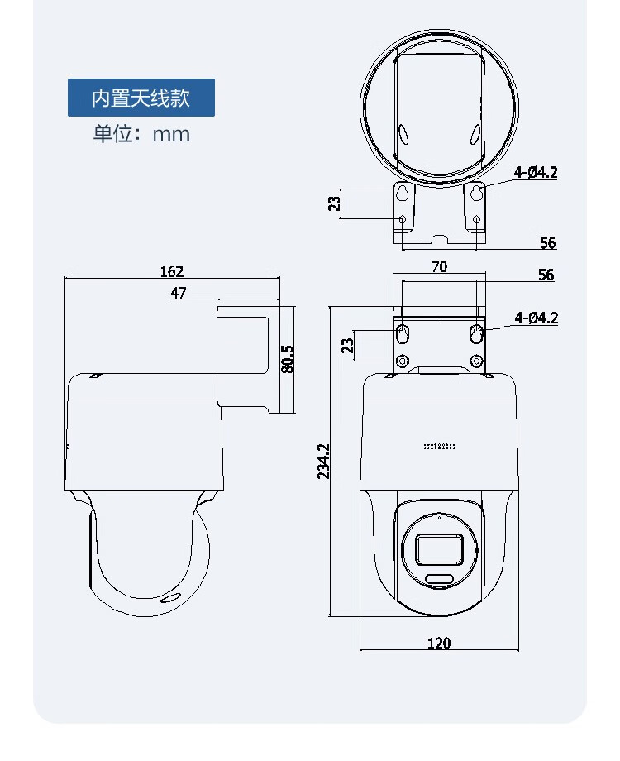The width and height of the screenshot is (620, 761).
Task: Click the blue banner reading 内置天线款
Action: [141, 98]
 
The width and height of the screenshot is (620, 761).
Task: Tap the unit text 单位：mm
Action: [141, 133]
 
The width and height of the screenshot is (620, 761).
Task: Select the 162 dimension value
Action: [172, 271]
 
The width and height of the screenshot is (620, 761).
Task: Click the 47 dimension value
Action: [178, 293]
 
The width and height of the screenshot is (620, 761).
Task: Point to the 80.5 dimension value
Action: [287, 359]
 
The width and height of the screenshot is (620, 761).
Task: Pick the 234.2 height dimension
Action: [323, 461]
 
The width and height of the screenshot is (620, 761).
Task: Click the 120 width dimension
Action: [439, 643]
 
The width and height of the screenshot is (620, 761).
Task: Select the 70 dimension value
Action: [439, 266]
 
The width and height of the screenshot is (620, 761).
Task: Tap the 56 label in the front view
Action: [546, 275]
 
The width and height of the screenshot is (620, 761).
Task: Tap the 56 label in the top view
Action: [548, 242]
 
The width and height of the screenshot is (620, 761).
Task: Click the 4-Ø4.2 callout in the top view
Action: [536, 172]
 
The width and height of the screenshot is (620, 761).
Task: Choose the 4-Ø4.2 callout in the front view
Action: [536, 318]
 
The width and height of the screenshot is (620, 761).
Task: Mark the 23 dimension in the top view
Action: [334, 203]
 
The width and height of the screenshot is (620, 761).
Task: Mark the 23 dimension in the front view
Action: [347, 346]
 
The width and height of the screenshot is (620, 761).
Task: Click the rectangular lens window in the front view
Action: [440, 549]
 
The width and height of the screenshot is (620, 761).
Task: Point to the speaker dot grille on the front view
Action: [439, 446]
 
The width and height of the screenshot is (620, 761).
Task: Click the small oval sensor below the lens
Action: [440, 578]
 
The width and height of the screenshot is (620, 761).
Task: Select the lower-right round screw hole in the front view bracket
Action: [477, 361]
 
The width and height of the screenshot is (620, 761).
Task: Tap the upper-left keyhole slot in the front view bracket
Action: [403, 333]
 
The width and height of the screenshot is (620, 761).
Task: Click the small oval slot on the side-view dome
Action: [170, 598]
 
